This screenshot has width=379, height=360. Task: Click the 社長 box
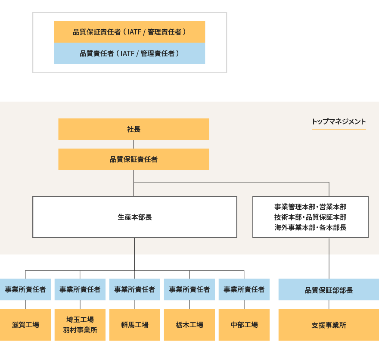[x=134, y=129]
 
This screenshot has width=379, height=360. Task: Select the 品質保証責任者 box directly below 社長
[x=134, y=159]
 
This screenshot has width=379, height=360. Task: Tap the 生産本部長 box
[x=134, y=217]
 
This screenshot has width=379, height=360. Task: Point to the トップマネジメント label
[x=339, y=122]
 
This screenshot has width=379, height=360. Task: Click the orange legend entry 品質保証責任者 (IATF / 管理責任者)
[x=129, y=32]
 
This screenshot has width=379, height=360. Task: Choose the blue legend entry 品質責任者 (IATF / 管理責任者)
[x=129, y=53]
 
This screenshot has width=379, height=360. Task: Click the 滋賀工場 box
[x=25, y=325]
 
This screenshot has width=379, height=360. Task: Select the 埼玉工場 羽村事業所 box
[x=80, y=325]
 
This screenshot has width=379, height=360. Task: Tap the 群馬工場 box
[x=134, y=325]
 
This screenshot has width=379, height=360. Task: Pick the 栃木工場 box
[x=189, y=325]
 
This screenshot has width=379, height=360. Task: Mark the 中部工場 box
[x=244, y=325]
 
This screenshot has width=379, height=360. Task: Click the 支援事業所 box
[x=329, y=325]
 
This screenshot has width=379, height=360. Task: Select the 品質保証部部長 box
[x=329, y=290]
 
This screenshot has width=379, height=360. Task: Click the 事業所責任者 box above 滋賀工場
[x=25, y=289]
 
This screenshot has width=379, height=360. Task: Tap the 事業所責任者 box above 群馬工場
[x=134, y=289]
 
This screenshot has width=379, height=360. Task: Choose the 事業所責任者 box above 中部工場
[x=244, y=289]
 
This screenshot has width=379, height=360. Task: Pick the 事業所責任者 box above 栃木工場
[x=189, y=289]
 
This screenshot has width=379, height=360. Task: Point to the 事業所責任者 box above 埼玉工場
[x=80, y=289]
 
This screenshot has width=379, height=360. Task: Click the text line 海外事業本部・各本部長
[x=310, y=227]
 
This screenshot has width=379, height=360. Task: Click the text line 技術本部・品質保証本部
[x=310, y=217]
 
